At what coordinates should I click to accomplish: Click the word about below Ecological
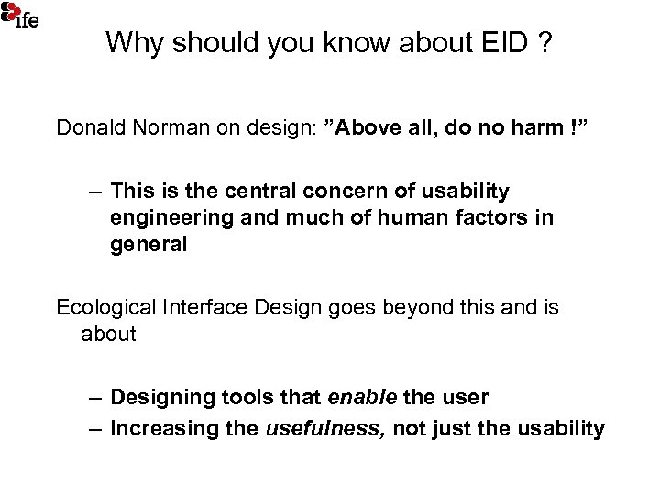point(108,334)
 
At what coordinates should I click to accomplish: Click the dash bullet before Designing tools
point(95,398)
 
